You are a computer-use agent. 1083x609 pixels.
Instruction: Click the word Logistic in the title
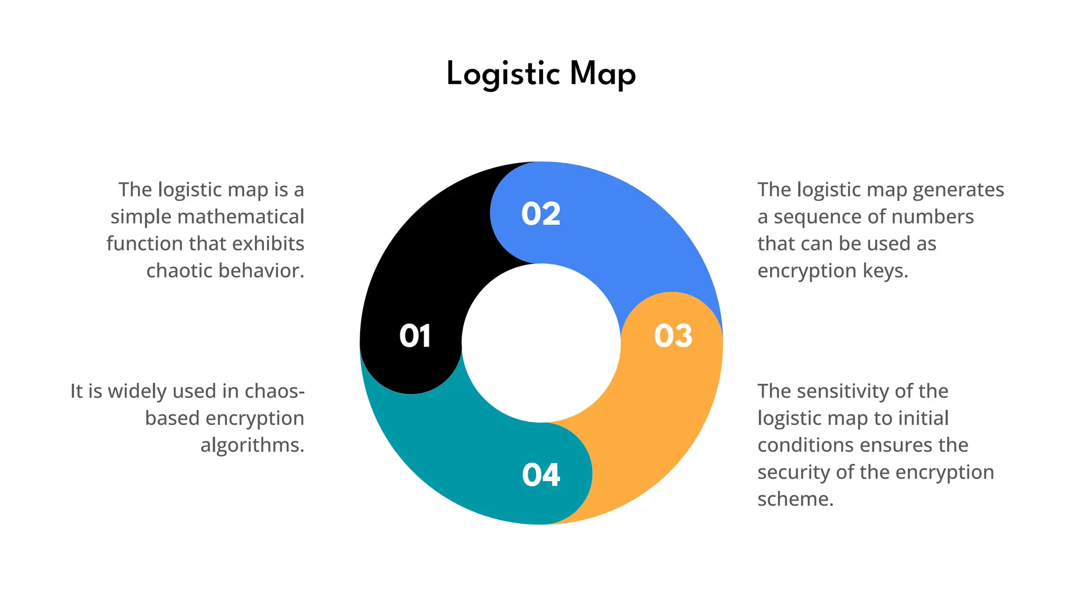503,74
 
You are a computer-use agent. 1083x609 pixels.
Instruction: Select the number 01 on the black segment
415,336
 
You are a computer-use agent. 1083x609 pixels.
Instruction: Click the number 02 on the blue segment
540,214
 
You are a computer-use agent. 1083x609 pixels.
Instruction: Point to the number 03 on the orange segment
673,336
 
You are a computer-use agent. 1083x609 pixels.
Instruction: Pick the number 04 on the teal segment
540,475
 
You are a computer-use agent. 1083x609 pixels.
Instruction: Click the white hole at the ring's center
541,343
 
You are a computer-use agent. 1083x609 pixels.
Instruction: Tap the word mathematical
241,217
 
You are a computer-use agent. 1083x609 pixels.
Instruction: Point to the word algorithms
252,445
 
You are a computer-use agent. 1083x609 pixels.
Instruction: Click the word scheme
795,499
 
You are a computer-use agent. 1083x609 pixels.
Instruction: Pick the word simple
141,217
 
